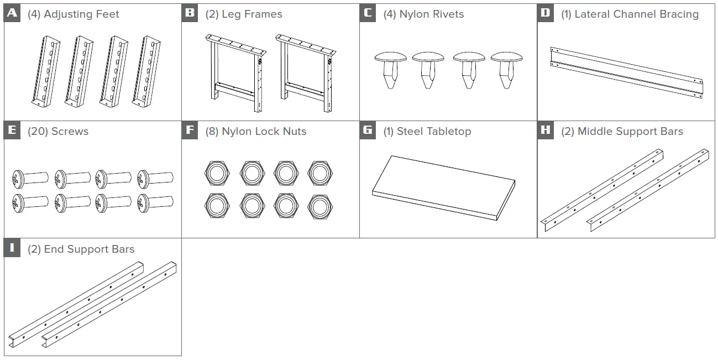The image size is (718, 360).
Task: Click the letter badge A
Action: pyautogui.click(x=12, y=13)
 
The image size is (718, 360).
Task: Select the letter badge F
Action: pyautogui.click(x=190, y=131)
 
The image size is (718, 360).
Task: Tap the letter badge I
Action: pyautogui.click(x=12, y=248)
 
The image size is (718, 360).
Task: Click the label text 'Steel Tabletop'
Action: pyautogui.click(x=434, y=132)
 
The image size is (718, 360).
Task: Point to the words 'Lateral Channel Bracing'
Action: pyautogui.click(x=636, y=14)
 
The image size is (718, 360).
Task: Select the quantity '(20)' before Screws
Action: pyautogui.click(x=38, y=132)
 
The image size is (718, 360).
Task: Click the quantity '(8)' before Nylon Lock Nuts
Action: pyautogui.click(x=212, y=132)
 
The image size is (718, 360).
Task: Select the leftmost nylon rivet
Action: pyautogui.click(x=390, y=70)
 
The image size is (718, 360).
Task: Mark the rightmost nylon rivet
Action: pyautogui.click(x=506, y=70)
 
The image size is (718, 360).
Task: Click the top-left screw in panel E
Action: pyautogui.click(x=31, y=178)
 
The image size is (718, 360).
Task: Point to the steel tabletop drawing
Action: pyautogui.click(x=443, y=188)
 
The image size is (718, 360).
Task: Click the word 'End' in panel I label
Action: pyautogui.click(x=54, y=249)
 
